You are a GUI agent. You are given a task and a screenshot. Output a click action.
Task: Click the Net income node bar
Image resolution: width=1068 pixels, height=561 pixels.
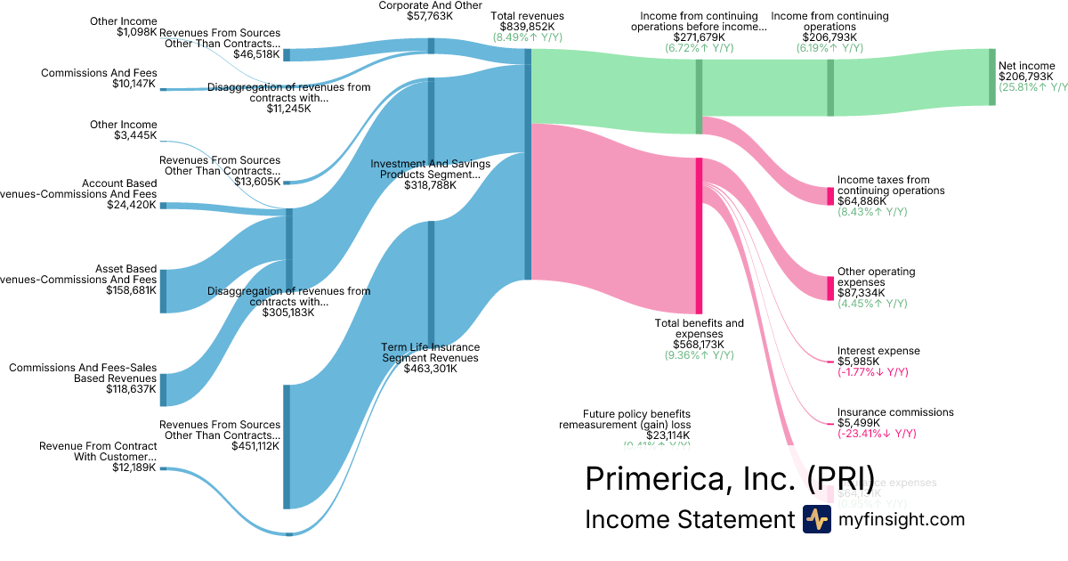point(992,77)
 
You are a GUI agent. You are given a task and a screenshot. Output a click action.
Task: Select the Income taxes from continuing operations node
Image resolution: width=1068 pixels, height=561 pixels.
point(830,196)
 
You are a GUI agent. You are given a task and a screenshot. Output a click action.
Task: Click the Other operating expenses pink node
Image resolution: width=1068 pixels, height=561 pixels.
point(830,289)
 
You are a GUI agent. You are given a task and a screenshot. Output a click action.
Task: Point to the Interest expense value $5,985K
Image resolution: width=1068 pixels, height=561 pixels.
point(859,362)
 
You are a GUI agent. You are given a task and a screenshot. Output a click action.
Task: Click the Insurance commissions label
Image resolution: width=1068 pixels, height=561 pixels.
point(895,412)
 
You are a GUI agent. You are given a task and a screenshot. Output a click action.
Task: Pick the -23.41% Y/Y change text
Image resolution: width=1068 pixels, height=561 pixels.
point(877,434)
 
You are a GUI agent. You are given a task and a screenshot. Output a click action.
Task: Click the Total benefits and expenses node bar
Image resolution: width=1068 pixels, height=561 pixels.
point(700,235)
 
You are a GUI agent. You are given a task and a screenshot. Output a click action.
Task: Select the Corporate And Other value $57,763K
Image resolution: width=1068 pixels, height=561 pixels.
point(430,16)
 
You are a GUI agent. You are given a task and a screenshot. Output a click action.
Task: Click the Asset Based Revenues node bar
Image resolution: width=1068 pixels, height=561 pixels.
point(163,290)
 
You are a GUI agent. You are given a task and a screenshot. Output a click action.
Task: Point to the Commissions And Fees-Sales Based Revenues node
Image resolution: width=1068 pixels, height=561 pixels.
point(163,389)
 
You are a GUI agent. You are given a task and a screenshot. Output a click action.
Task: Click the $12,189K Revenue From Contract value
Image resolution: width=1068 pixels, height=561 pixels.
point(133,467)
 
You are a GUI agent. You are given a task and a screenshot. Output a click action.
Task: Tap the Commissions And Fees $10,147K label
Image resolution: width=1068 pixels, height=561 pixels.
point(98,78)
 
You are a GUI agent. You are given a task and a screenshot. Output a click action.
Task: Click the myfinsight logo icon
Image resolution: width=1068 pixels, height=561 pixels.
point(816,519)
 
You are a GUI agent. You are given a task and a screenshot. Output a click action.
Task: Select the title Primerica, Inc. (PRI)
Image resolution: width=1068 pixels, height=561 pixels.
point(729,478)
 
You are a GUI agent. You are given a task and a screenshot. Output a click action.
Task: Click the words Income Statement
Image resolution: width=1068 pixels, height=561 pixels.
point(688,519)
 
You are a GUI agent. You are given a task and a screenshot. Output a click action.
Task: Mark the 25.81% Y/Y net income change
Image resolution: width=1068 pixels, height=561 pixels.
point(1032,87)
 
